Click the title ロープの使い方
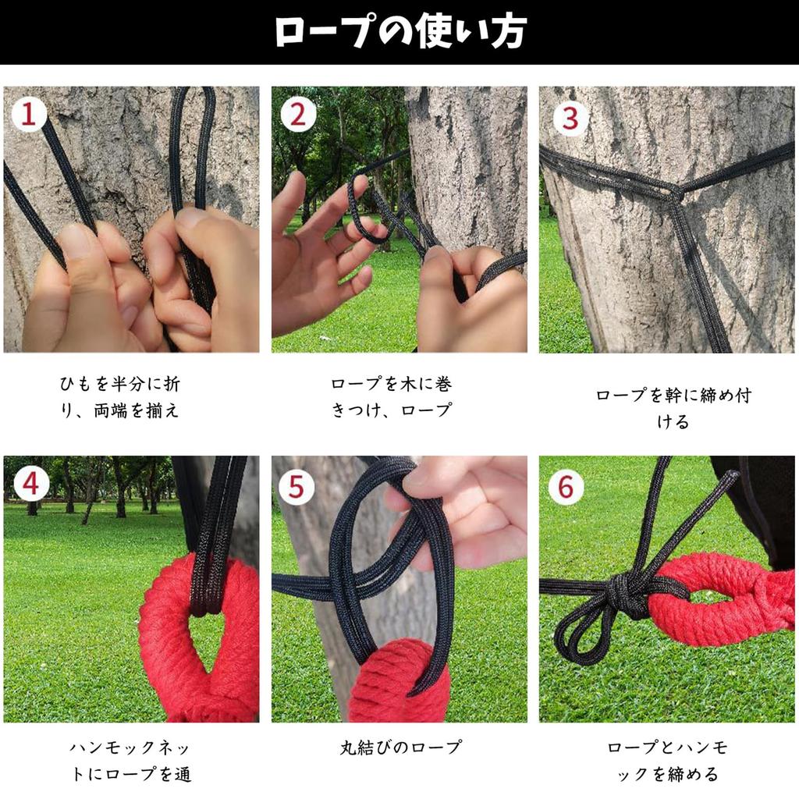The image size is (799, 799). [400, 31]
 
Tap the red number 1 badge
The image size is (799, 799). [28, 114]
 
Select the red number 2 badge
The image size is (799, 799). [297, 115]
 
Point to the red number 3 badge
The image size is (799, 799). [570, 119]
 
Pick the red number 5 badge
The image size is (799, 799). [296, 487]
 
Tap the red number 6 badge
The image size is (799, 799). [566, 487]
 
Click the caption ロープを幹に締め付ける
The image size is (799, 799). [673, 408]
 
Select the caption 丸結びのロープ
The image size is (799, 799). [401, 748]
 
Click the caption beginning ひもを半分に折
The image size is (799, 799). [119, 397]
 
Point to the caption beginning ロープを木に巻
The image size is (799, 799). [392, 397]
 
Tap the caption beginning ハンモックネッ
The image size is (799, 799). [131, 761]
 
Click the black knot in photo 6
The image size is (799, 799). [628, 595]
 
